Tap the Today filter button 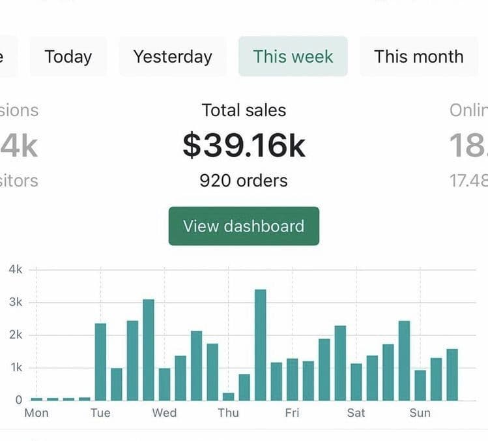click(x=68, y=56)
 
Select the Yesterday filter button click(x=173, y=56)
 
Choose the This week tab click(x=293, y=56)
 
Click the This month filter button click(x=418, y=56)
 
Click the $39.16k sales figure click(x=244, y=145)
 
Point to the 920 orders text click(x=244, y=181)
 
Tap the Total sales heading click(x=244, y=110)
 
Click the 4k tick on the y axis click(x=15, y=269)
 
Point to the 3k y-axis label click(x=15, y=302)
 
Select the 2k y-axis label click(x=15, y=335)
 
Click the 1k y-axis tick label click(x=15, y=367)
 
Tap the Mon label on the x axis click(x=36, y=413)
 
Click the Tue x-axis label click(x=100, y=413)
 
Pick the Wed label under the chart click(x=164, y=413)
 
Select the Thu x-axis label click(x=228, y=413)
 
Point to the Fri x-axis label click(x=292, y=413)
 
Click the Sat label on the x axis click(x=356, y=413)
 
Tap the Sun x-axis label click(x=420, y=413)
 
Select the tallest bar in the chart click(x=260, y=344)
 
